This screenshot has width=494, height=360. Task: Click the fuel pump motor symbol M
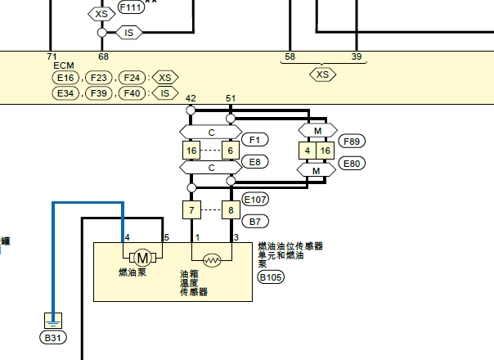point(142,259)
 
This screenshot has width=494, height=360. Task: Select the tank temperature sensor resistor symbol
point(212,260)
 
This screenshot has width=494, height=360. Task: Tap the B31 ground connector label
point(53,338)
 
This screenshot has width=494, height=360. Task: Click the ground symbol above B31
point(53,321)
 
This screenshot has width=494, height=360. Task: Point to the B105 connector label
point(271,277)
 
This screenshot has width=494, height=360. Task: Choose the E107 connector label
point(255,200)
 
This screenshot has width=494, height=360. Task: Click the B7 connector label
point(255,221)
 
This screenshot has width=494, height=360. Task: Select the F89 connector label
point(352,142)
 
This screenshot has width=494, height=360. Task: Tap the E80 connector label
point(352,164)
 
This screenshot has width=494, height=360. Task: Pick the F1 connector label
point(255,139)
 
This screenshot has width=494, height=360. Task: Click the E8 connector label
point(255,162)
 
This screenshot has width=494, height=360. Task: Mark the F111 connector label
point(131,7)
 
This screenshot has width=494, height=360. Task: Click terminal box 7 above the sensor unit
point(191,210)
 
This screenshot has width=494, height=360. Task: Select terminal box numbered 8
point(231,210)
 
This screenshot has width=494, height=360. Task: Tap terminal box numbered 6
point(231,151)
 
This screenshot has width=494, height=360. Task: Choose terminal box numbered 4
point(308,151)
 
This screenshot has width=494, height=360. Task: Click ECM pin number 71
point(52,56)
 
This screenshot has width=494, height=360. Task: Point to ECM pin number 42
point(191,98)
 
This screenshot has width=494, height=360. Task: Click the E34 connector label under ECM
point(65,93)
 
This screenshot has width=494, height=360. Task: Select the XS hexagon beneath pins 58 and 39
point(322,74)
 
